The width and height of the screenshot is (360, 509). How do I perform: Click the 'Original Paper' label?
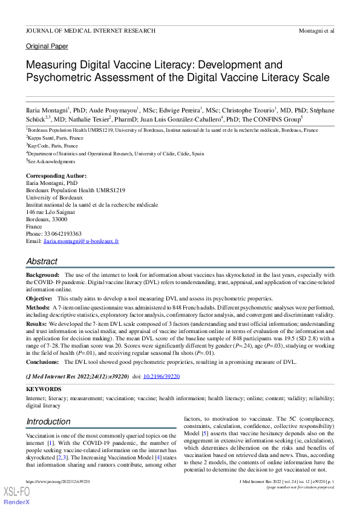pos(47,47)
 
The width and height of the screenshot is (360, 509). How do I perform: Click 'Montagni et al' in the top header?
pos(316,30)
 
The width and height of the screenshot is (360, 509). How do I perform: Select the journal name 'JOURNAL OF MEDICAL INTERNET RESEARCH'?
pos(91,30)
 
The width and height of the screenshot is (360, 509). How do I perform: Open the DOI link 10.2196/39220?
pos(161,376)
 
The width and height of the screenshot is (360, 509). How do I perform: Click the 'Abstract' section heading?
pos(42,262)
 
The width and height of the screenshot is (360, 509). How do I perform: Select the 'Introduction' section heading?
pos(48,421)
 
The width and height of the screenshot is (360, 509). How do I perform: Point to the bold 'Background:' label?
pos(43,275)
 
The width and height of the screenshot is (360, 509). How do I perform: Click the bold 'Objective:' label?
pos(39,299)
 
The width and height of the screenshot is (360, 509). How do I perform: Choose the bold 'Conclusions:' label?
pos(43,362)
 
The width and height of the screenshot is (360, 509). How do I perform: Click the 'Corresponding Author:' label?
pos(56,176)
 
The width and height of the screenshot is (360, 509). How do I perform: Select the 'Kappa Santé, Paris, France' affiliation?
pos(56,138)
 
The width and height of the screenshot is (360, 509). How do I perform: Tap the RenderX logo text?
pos(17,502)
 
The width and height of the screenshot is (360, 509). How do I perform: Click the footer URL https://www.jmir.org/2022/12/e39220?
pos(57,481)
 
